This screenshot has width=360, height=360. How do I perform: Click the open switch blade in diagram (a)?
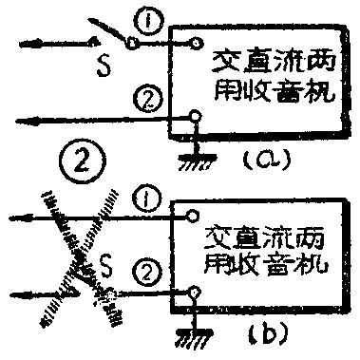[112, 30]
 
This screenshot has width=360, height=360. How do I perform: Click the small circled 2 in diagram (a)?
[144, 94]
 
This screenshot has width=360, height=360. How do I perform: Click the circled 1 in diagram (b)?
[145, 200]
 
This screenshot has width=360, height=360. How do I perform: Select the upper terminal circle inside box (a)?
[196, 43]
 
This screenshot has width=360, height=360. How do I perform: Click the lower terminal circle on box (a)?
[196, 116]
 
